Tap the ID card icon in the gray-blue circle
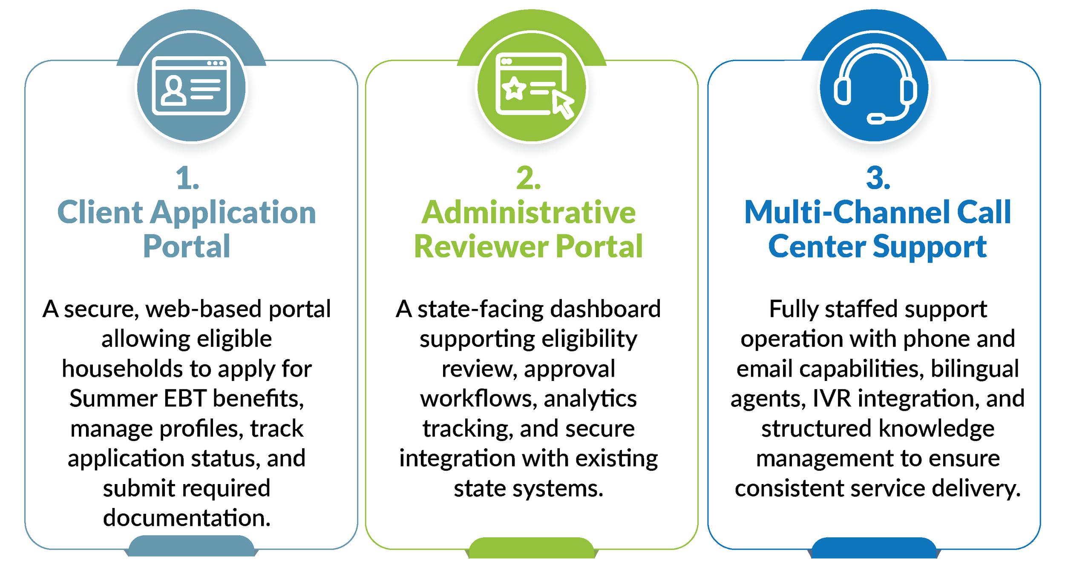click(191, 86)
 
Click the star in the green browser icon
click(514, 89)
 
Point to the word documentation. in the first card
click(187, 518)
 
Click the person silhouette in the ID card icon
click(173, 90)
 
